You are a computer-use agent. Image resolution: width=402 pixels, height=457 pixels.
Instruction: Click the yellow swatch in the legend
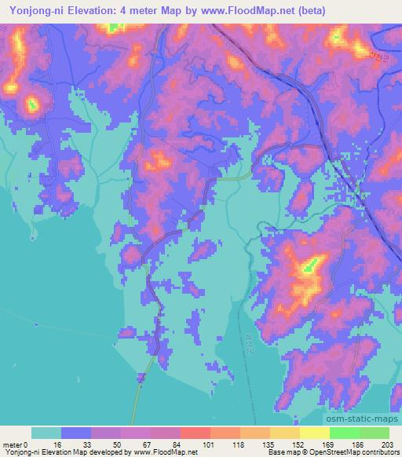[x=314, y=433]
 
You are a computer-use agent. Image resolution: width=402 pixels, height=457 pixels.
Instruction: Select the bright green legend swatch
[x=344, y=433]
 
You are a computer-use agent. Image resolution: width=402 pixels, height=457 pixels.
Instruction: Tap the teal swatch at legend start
[x=47, y=433]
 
